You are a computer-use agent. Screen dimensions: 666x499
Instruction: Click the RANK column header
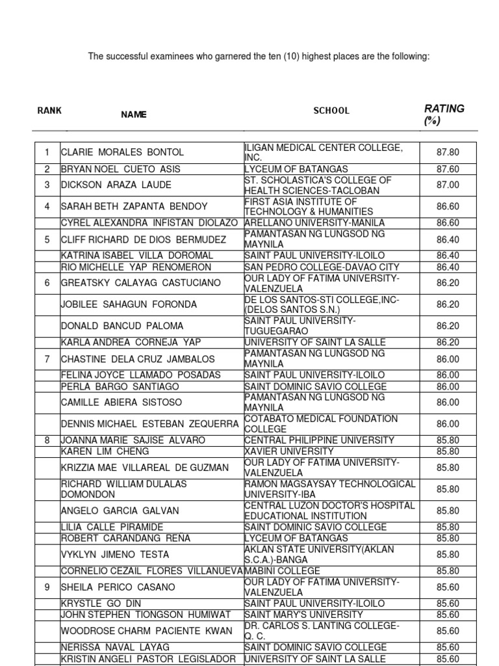pyautogui.click(x=49, y=111)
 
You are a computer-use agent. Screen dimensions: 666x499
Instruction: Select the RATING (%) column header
pyautogui.click(x=444, y=114)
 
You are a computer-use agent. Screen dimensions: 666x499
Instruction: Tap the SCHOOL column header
pyautogui.click(x=331, y=111)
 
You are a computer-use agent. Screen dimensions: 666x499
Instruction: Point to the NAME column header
pyautogui.click(x=134, y=114)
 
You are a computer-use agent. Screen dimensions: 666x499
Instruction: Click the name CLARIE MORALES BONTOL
pyautogui.click(x=122, y=152)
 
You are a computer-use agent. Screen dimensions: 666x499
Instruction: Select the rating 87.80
pyautogui.click(x=448, y=152)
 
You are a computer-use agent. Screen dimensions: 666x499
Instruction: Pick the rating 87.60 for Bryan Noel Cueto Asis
pyautogui.click(x=448, y=169)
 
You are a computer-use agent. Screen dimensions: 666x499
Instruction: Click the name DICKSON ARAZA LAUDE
pyautogui.click(x=116, y=185)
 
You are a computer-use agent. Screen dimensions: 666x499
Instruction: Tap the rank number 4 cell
pyautogui.click(x=47, y=206)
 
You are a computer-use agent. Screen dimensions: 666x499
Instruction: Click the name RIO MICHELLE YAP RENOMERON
pyautogui.click(x=136, y=267)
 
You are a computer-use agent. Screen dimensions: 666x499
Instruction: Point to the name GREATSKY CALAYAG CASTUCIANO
pyautogui.click(x=140, y=283)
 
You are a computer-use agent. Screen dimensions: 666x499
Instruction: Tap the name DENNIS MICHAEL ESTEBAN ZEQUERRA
pyautogui.click(x=150, y=424)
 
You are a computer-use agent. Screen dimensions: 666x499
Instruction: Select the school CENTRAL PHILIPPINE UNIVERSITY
pyautogui.click(x=319, y=440)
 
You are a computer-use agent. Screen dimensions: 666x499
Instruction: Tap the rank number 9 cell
pyautogui.click(x=47, y=587)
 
